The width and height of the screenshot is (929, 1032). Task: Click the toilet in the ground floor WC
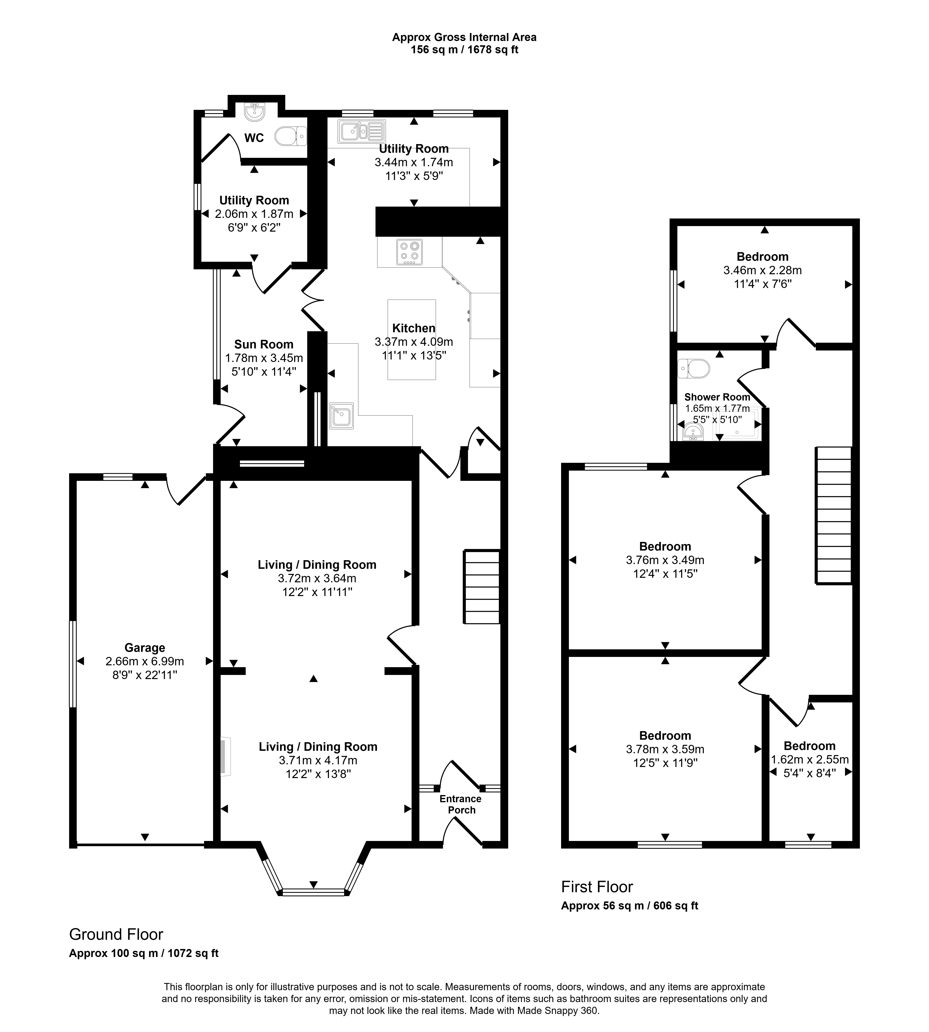290,136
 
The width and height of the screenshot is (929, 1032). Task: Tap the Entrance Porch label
460,804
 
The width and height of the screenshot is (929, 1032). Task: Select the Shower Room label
717,397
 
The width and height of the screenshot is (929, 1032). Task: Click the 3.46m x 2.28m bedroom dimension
763,270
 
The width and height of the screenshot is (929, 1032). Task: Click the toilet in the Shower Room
694,368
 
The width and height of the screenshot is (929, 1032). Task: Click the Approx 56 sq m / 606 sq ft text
629,906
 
